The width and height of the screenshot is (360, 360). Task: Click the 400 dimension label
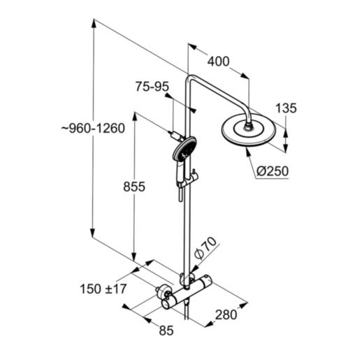(x=218, y=62)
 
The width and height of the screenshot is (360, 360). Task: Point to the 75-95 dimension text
(x=152, y=87)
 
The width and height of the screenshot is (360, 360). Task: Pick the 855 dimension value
(x=133, y=187)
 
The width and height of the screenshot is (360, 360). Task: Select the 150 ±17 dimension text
(x=102, y=288)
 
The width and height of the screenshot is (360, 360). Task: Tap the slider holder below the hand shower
(x=186, y=180)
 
